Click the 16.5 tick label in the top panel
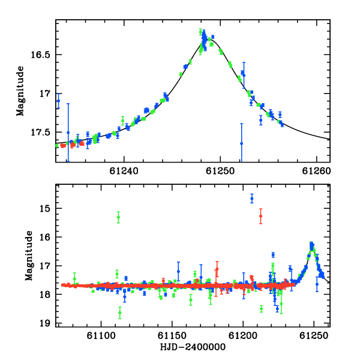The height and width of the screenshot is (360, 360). (x=40, y=55)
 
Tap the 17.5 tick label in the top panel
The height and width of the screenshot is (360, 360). (x=40, y=133)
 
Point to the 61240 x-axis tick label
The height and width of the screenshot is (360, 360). (x=124, y=171)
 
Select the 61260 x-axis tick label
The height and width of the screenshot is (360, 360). (x=316, y=171)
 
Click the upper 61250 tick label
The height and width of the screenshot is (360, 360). (x=220, y=171)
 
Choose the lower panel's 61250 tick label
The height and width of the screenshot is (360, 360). (x=314, y=336)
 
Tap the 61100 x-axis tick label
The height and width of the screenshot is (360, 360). (x=101, y=336)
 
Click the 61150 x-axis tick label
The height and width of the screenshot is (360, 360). (x=172, y=336)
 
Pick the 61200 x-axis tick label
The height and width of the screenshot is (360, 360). (x=243, y=336)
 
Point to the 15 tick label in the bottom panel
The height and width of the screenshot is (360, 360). (x=45, y=209)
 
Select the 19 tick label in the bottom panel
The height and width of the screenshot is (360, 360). (x=45, y=323)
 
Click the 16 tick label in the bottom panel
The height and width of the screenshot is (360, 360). (x=45, y=238)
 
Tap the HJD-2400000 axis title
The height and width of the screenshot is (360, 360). (x=193, y=347)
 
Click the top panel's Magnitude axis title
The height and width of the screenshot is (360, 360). (x=20, y=91)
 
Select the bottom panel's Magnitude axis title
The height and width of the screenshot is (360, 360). (x=29, y=256)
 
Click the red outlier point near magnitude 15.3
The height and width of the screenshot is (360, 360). (x=260, y=216)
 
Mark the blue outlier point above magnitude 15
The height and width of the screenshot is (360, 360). (x=252, y=199)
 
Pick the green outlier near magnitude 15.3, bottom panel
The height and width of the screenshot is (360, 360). (x=118, y=217)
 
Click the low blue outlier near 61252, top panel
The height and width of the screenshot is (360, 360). (x=242, y=143)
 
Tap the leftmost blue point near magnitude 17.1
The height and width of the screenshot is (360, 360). (x=58, y=101)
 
